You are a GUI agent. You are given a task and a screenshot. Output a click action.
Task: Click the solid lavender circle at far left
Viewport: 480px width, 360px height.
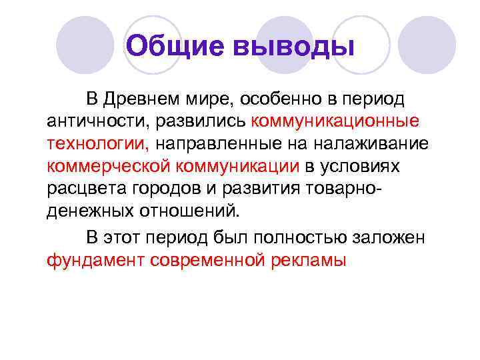[x=85, y=45]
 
